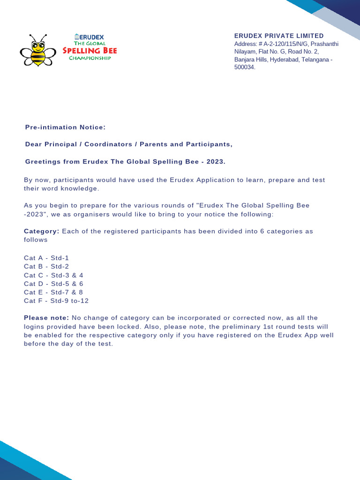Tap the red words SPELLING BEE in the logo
[x=90, y=51]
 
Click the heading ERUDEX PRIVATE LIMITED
[x=279, y=36]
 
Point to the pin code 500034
[x=245, y=67]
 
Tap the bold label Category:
[x=42, y=231]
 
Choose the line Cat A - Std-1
[x=46, y=258]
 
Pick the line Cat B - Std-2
[x=46, y=266]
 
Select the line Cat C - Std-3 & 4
[x=53, y=275]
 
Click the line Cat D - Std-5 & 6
[x=53, y=284]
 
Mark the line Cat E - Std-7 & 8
[x=53, y=292]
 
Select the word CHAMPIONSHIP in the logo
[x=90, y=58]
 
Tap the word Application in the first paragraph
[x=196, y=180]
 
